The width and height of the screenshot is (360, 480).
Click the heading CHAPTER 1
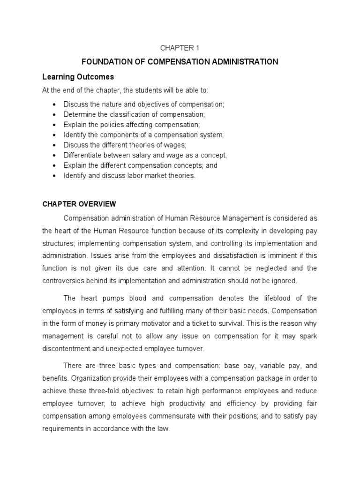pyautogui.click(x=180, y=47)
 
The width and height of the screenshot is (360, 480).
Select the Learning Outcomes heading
pyautogui.click(x=78, y=76)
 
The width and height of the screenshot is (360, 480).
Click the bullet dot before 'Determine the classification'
pyautogui.click(x=55, y=114)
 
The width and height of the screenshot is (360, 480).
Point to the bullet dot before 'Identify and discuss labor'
pyautogui.click(x=55, y=176)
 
